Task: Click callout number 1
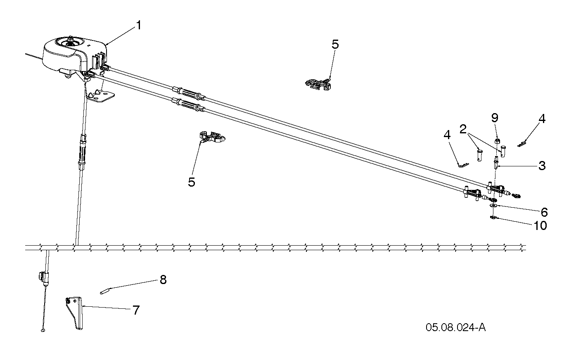click(139, 26)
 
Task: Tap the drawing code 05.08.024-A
click(456, 328)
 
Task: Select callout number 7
click(136, 310)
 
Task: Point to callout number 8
click(163, 279)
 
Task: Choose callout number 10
click(540, 226)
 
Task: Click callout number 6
click(544, 212)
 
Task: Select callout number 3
click(542, 166)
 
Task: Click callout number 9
click(495, 118)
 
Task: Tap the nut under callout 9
click(497, 141)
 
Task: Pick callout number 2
click(463, 129)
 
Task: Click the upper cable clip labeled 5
click(318, 85)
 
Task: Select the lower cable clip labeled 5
click(212, 137)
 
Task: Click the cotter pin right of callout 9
click(522, 144)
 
